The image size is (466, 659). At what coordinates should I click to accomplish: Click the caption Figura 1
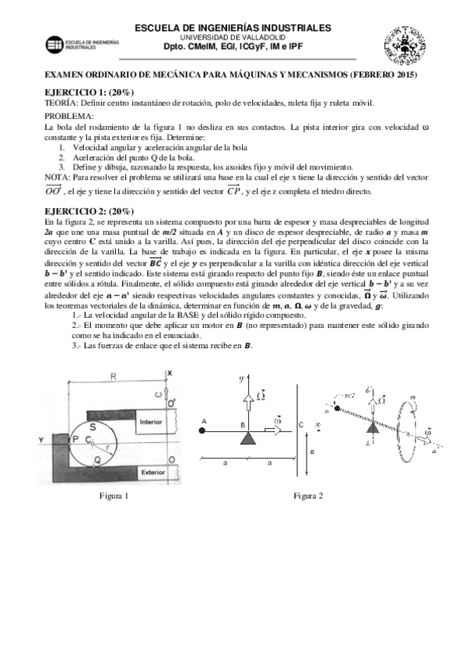[114, 495]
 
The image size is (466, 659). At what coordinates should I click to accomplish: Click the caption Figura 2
[307, 495]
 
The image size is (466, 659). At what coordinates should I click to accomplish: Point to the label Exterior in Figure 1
[151, 472]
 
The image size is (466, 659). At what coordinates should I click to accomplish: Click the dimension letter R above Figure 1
[114, 377]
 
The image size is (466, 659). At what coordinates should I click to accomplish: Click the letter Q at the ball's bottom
[96, 459]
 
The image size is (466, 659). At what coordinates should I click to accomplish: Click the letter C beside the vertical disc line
[301, 424]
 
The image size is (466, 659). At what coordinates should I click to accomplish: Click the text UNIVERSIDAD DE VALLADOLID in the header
[233, 37]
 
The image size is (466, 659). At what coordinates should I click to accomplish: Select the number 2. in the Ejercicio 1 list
[62, 157]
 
